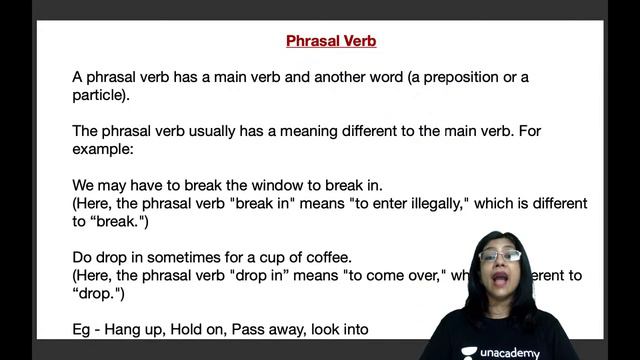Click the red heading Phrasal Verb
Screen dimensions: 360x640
tap(330, 42)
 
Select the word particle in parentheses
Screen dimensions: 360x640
tap(98, 96)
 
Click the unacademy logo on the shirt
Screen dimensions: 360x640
tap(500, 351)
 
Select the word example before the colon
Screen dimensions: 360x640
tap(102, 149)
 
